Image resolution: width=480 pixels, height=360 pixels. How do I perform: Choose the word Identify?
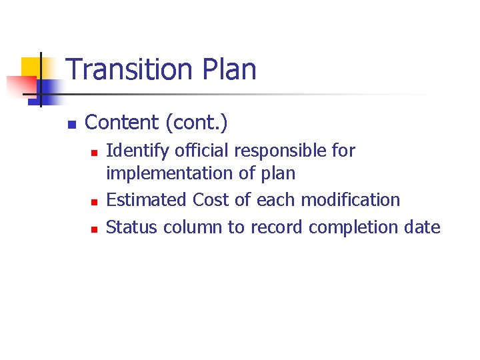(133, 151)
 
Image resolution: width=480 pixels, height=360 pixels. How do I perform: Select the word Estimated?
(147, 200)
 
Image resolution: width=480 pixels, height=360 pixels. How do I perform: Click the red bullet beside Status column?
(94, 229)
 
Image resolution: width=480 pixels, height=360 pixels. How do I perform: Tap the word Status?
(132, 227)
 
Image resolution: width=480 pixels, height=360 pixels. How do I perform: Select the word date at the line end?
(422, 227)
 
